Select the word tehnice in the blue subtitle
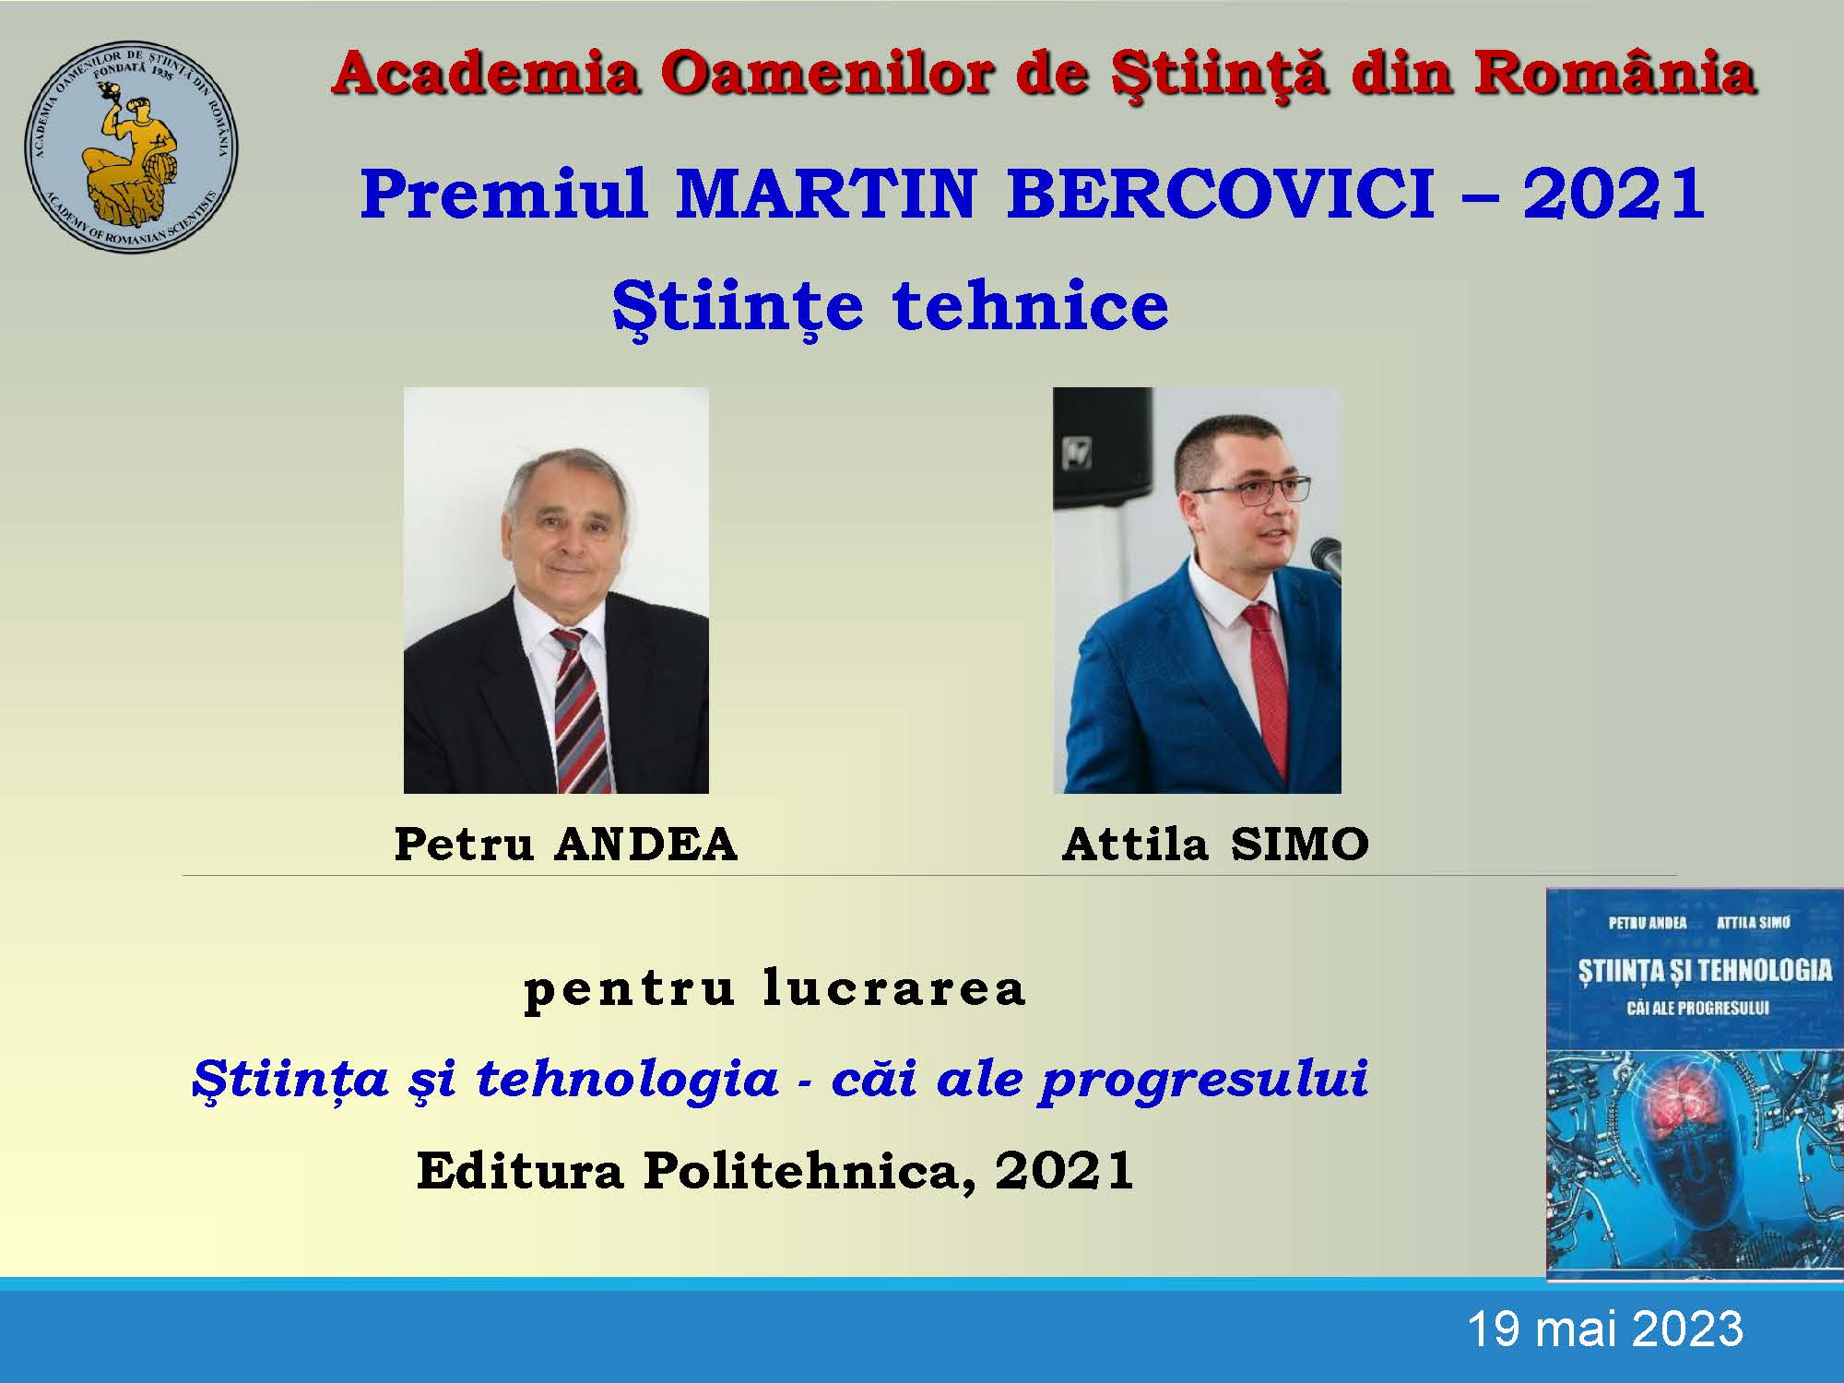point(1030,306)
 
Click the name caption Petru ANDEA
point(566,844)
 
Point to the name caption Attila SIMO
point(1215,844)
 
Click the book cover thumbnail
point(1695,1085)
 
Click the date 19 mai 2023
point(1604,1330)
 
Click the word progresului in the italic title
point(1203,1079)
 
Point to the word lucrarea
point(894,988)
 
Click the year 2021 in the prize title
point(1613,195)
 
